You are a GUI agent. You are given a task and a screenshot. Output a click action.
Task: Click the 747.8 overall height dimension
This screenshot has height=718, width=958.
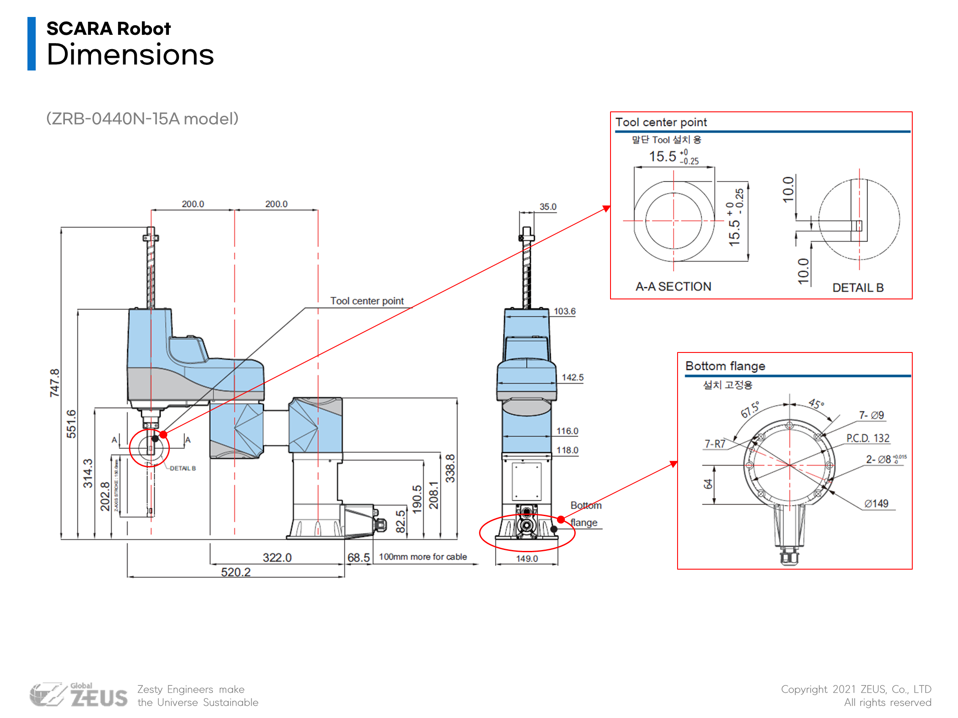54,383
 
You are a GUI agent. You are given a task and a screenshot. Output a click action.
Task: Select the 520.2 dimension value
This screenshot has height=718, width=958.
236,572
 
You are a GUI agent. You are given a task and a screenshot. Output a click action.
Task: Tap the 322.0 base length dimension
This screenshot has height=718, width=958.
277,557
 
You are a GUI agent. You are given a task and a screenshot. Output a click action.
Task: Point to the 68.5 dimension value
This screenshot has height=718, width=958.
358,557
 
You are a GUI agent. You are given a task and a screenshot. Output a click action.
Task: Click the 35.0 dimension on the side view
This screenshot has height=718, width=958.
548,207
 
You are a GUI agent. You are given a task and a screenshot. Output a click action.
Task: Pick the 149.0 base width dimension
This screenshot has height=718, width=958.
527,558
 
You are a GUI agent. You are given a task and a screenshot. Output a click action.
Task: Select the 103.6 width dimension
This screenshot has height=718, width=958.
564,311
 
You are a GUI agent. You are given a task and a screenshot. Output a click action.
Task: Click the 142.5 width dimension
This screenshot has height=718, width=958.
572,377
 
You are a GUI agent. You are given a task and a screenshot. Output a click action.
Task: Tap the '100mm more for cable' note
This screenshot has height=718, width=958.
422,557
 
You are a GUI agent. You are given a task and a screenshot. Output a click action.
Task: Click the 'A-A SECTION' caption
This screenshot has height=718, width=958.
673,286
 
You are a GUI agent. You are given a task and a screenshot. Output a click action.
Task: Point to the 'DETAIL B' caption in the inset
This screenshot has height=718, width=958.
858,288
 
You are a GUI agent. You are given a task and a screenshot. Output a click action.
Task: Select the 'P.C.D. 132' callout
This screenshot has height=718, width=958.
867,438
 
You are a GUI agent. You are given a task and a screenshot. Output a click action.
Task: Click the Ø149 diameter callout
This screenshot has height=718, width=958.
876,503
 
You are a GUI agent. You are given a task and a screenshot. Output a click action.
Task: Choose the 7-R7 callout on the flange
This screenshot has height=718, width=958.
715,444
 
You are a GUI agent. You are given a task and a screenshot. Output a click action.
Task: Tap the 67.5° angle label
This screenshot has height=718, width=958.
750,409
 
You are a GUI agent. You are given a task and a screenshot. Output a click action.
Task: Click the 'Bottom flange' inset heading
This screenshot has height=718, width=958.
725,366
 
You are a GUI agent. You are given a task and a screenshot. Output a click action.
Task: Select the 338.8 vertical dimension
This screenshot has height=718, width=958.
450,468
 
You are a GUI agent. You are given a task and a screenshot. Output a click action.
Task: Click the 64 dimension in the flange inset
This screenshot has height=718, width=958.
708,484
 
